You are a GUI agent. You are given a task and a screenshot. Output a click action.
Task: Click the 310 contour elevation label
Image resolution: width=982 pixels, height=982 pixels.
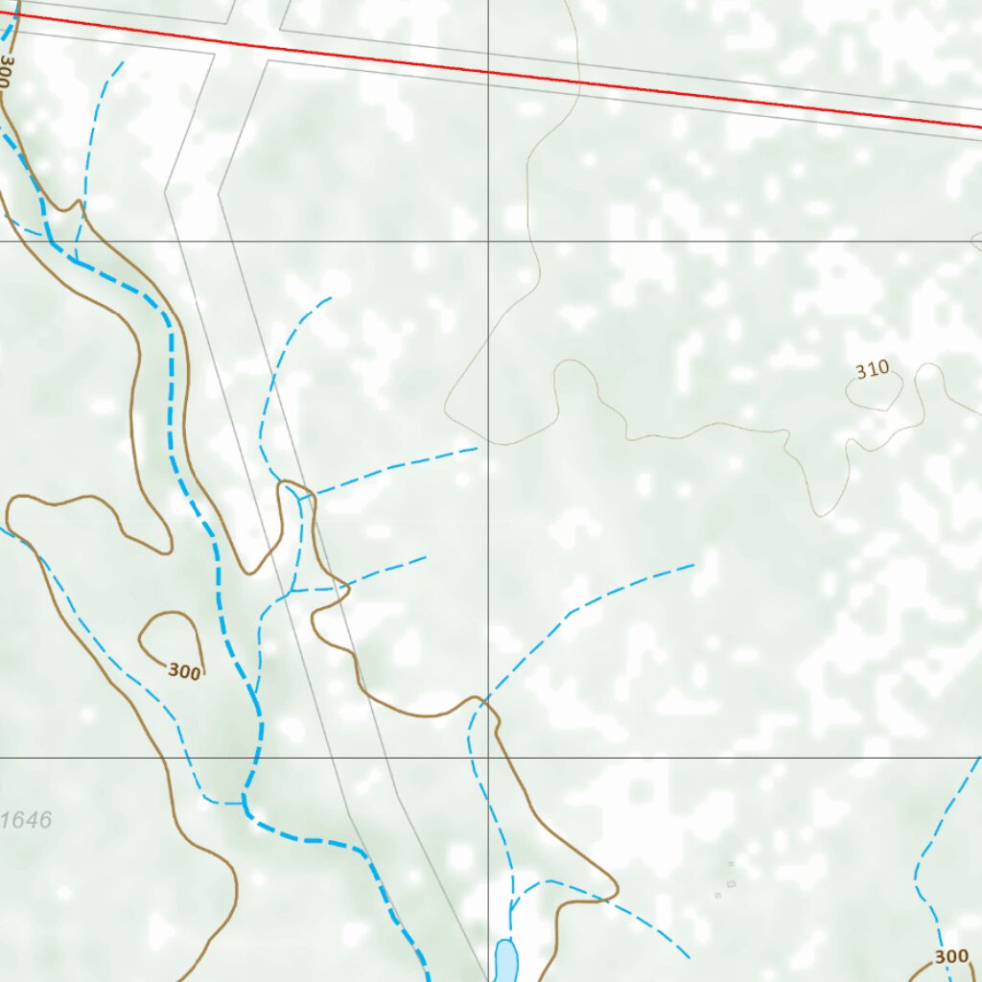coord(873,369)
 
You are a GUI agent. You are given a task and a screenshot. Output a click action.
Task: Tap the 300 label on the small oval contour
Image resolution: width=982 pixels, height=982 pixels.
coord(184,671)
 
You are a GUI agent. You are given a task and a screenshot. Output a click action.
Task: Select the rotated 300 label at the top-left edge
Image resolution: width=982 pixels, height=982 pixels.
coord(8,72)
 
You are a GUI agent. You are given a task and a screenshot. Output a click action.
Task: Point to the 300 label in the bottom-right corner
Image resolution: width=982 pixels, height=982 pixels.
coord(951,956)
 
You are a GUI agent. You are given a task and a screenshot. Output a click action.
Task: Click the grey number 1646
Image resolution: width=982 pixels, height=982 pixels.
coord(27,820)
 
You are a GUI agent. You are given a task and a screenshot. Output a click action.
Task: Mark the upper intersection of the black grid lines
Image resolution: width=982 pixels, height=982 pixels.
coord(488,241)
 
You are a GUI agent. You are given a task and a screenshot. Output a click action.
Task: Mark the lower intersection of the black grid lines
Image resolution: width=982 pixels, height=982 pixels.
coord(488,757)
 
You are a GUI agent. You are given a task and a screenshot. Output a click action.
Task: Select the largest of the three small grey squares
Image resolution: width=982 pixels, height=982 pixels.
coord(731,883)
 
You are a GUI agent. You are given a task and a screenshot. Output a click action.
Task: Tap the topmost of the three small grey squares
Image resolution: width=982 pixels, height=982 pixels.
coord(730,864)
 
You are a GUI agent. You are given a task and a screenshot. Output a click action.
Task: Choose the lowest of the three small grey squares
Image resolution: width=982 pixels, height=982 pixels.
coord(717,896)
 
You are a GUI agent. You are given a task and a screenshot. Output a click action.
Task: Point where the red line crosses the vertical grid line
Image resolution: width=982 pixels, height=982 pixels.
coord(488,72)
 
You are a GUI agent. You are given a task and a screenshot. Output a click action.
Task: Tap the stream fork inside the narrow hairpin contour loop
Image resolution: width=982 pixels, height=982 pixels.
coord(298,500)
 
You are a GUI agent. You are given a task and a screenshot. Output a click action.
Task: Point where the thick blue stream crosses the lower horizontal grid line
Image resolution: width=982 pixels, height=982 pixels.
coord(252,757)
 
